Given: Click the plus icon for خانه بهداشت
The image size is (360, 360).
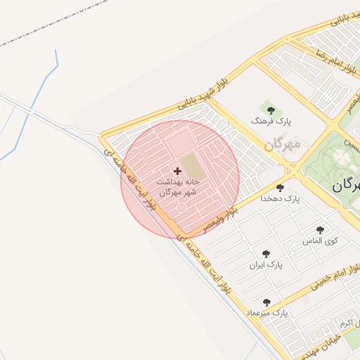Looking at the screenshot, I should (x=176, y=170).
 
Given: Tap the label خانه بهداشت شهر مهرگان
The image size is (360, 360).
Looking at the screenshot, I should (x=176, y=186).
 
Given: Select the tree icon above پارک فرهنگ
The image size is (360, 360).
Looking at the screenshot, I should (x=271, y=110).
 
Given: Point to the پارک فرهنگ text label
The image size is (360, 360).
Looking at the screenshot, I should (x=269, y=121).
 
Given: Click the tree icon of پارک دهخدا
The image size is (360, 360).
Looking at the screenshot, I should (x=281, y=188).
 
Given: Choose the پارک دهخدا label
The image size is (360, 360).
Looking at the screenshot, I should (x=280, y=199).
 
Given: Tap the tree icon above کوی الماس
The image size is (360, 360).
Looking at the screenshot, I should (x=321, y=230).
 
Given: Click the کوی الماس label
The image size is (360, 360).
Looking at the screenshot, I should (x=321, y=240).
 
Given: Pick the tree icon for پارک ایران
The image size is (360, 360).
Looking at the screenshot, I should (x=266, y=254).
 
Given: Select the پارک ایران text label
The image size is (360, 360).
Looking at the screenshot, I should (x=266, y=265).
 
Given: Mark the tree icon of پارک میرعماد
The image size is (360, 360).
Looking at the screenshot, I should (x=266, y=302).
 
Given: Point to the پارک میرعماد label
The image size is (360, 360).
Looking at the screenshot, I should (x=267, y=312).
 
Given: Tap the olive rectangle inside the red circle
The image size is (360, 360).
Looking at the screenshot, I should (x=191, y=167).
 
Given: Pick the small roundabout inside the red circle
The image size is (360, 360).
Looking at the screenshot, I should (x=182, y=210).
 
